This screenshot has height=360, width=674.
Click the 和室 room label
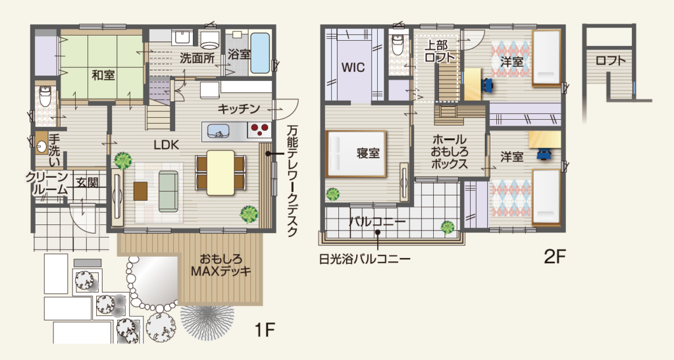(103, 75)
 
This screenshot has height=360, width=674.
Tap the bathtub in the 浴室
(260, 53)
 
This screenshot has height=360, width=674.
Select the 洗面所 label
(197, 58)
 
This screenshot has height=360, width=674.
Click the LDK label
(167, 145)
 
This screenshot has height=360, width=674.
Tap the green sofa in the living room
(168, 191)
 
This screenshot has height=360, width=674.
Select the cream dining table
(220, 172)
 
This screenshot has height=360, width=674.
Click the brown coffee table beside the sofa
(141, 191)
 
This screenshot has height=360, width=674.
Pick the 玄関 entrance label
(88, 182)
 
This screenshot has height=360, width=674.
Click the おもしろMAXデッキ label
(221, 265)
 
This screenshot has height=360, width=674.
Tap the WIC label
(353, 67)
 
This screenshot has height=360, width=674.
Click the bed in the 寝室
(356, 154)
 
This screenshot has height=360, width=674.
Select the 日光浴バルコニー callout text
(365, 259)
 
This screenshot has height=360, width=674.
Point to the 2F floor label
(555, 257)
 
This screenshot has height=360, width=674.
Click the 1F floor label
(265, 330)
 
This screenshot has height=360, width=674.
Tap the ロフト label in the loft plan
(610, 61)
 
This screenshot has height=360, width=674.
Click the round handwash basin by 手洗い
(41, 147)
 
